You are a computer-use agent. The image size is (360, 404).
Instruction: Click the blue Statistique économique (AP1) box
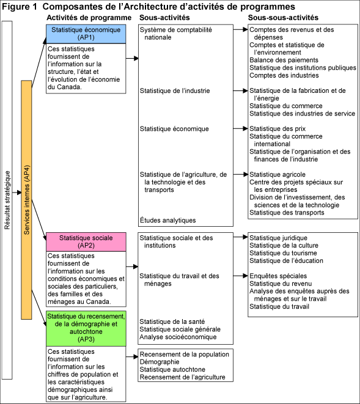click(x=86, y=34)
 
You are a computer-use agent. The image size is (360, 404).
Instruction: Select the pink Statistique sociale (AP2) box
click(x=86, y=241)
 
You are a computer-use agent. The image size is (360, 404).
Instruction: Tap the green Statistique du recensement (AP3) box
click(x=86, y=327)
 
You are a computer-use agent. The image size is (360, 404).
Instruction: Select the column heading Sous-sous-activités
click(x=282, y=17)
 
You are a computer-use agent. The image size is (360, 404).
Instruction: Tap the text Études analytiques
click(x=167, y=220)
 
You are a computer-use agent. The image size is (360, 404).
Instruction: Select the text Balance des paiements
click(x=284, y=60)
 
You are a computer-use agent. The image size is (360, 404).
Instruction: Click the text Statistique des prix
click(x=278, y=129)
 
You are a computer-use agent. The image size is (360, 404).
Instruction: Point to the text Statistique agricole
click(x=277, y=175)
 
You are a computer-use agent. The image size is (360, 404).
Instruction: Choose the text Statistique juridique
click(x=278, y=238)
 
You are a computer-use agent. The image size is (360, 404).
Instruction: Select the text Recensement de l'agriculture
click(x=183, y=377)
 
